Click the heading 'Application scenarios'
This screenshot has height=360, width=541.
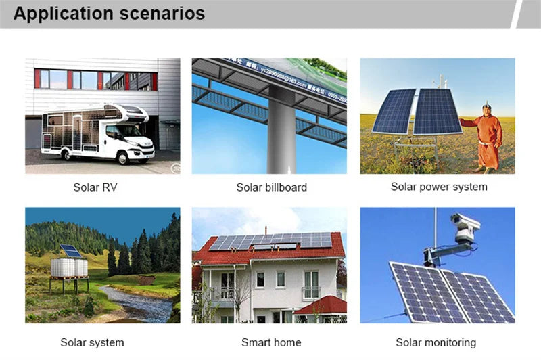click(x=109, y=14)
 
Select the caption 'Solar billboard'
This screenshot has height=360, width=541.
click(x=271, y=187)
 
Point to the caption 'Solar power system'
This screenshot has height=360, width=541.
click(x=439, y=187)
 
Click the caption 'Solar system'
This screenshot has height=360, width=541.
click(x=92, y=343)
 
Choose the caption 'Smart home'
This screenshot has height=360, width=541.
click(x=271, y=343)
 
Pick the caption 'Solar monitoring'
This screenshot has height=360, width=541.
click(x=436, y=343)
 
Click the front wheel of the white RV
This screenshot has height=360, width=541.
click(x=123, y=157)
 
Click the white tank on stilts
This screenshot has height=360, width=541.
click(x=69, y=267)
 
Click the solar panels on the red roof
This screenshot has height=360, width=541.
click(x=270, y=241)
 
